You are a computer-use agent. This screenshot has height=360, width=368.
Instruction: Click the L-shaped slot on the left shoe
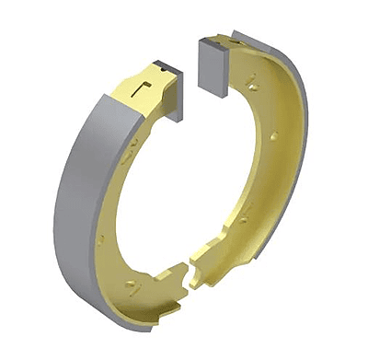[141, 88]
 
